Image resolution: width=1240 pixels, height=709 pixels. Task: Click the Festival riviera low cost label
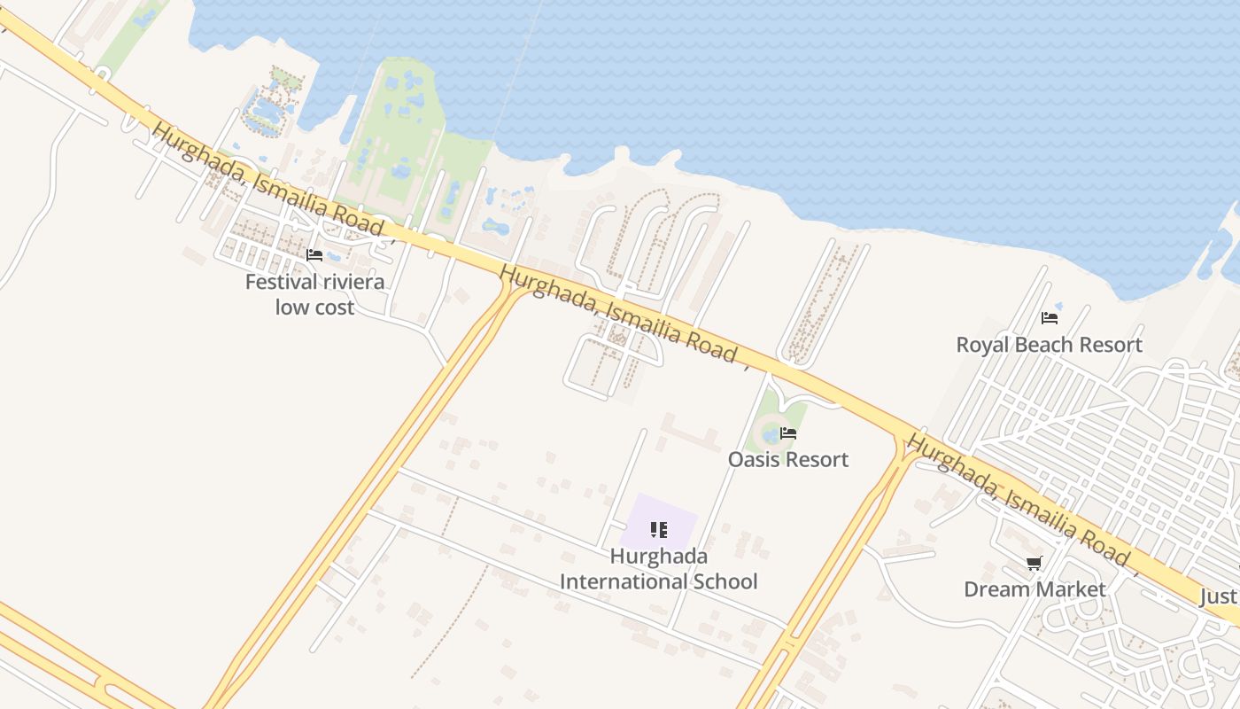314,294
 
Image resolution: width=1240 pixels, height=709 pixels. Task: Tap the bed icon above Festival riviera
314,255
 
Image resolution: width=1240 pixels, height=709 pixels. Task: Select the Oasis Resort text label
788,459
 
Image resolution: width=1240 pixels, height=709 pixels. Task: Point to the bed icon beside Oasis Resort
788,433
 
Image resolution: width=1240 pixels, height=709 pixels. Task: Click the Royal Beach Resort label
1050,345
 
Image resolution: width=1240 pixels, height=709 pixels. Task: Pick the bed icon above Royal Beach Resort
1050,317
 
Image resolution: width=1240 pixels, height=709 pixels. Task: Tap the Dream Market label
1035,589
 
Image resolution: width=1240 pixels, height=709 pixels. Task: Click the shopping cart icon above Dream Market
1034,563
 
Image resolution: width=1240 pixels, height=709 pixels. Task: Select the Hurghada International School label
659,569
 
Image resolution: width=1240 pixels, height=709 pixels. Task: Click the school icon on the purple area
659,530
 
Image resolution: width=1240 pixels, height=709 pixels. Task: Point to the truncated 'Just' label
1219,596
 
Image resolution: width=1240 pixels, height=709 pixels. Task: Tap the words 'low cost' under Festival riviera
314,308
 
